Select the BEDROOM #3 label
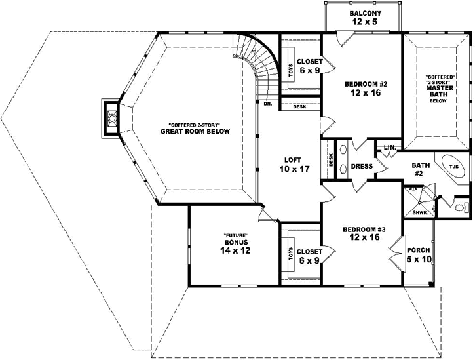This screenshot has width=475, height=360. pyautogui.click(x=362, y=234)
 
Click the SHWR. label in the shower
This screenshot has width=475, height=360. pyautogui.click(x=421, y=212)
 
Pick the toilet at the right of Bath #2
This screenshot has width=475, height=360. pyautogui.click(x=461, y=207)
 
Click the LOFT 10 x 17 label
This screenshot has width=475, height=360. pyautogui.click(x=292, y=164)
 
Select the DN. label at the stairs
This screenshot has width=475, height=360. pyautogui.click(x=267, y=104)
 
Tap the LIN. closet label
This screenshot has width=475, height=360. pyautogui.click(x=389, y=148)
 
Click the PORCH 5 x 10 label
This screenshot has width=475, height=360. pyautogui.click(x=418, y=254)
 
